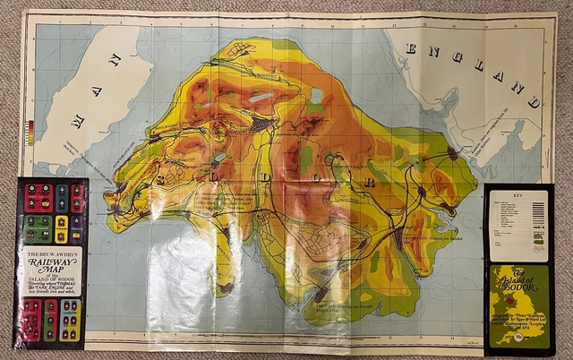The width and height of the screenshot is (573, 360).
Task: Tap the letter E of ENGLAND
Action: click(414, 48)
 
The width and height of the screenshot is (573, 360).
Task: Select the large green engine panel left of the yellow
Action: click(35, 225)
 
